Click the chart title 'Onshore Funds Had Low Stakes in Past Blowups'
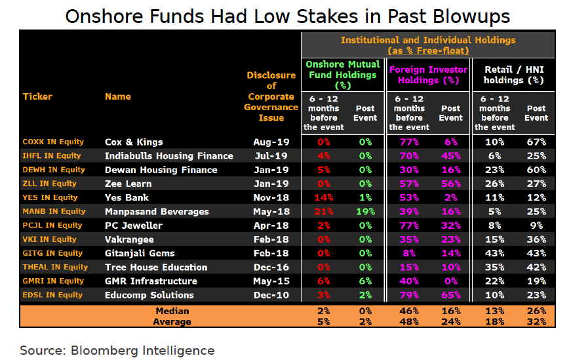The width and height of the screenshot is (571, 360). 287,16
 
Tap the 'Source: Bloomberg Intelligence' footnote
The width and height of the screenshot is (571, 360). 117,350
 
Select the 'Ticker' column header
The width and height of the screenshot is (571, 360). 37,96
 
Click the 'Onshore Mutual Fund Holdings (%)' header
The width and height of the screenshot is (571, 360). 343,75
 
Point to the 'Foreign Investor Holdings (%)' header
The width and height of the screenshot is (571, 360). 428,75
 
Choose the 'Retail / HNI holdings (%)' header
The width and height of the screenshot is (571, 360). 513,75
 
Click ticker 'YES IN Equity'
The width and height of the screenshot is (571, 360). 50,197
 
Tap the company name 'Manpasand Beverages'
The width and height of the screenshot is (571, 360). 157,212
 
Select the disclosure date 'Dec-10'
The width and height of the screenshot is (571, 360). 271,295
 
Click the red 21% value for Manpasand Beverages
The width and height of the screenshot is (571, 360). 324,212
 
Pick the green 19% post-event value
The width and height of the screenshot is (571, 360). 365,212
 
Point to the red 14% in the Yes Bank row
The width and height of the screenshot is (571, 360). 324,197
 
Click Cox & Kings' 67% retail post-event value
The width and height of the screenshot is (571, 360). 536,142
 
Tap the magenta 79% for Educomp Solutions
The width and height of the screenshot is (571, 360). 409,295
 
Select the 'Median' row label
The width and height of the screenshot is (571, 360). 172,311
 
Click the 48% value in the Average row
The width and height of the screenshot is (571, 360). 409,322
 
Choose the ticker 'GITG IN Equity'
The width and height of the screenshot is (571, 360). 52,253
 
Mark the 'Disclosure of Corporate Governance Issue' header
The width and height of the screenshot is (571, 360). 271,96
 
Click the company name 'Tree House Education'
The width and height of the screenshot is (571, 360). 156,268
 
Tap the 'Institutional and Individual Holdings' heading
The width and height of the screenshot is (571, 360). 428,40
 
